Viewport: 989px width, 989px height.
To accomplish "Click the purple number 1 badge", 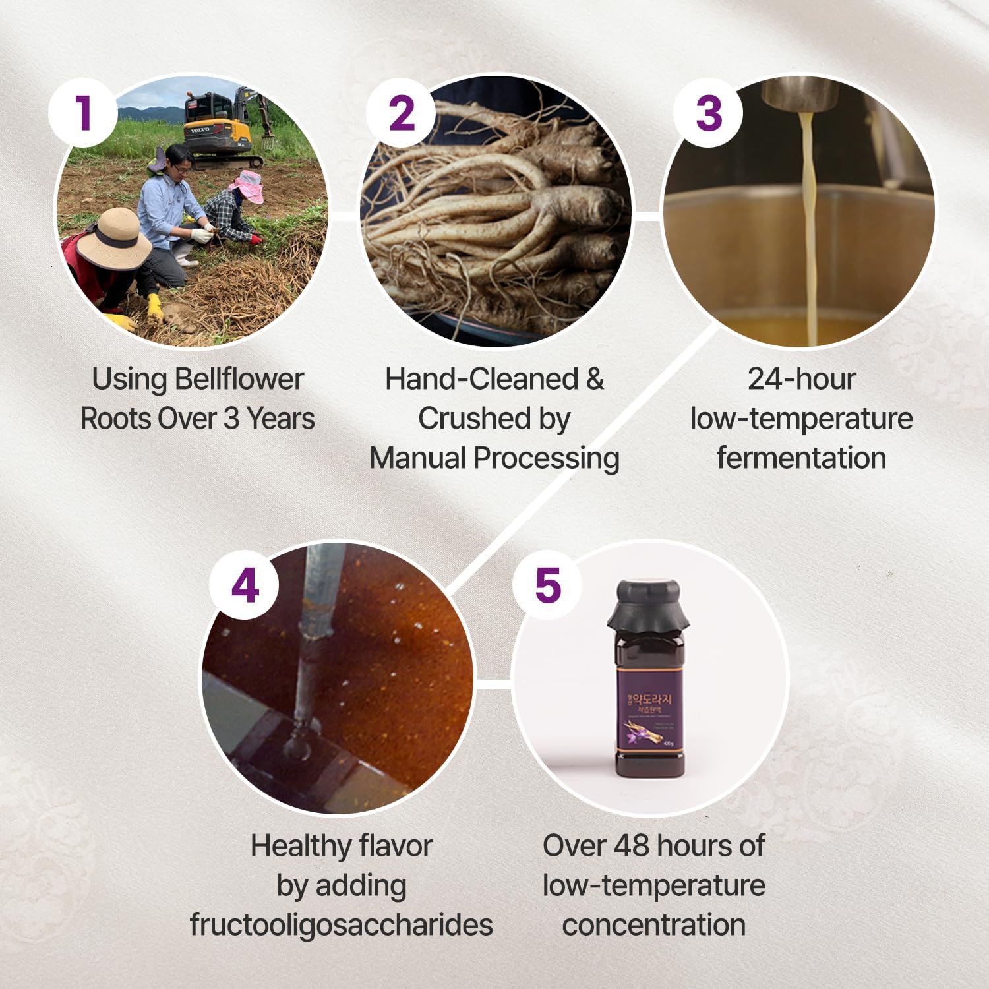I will pos(83,113).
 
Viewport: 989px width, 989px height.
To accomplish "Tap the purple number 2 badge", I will pos(402,113).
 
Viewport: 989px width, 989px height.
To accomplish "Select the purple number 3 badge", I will pos(708,113).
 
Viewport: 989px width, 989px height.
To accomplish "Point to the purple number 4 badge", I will pos(245,585).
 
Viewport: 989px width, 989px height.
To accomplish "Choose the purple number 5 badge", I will pos(548,585).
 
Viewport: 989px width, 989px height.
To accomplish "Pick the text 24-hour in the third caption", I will pos(801,379).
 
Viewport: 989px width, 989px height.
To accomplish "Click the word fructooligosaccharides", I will pos(341,924).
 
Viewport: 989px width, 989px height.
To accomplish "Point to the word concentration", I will pos(653,924).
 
